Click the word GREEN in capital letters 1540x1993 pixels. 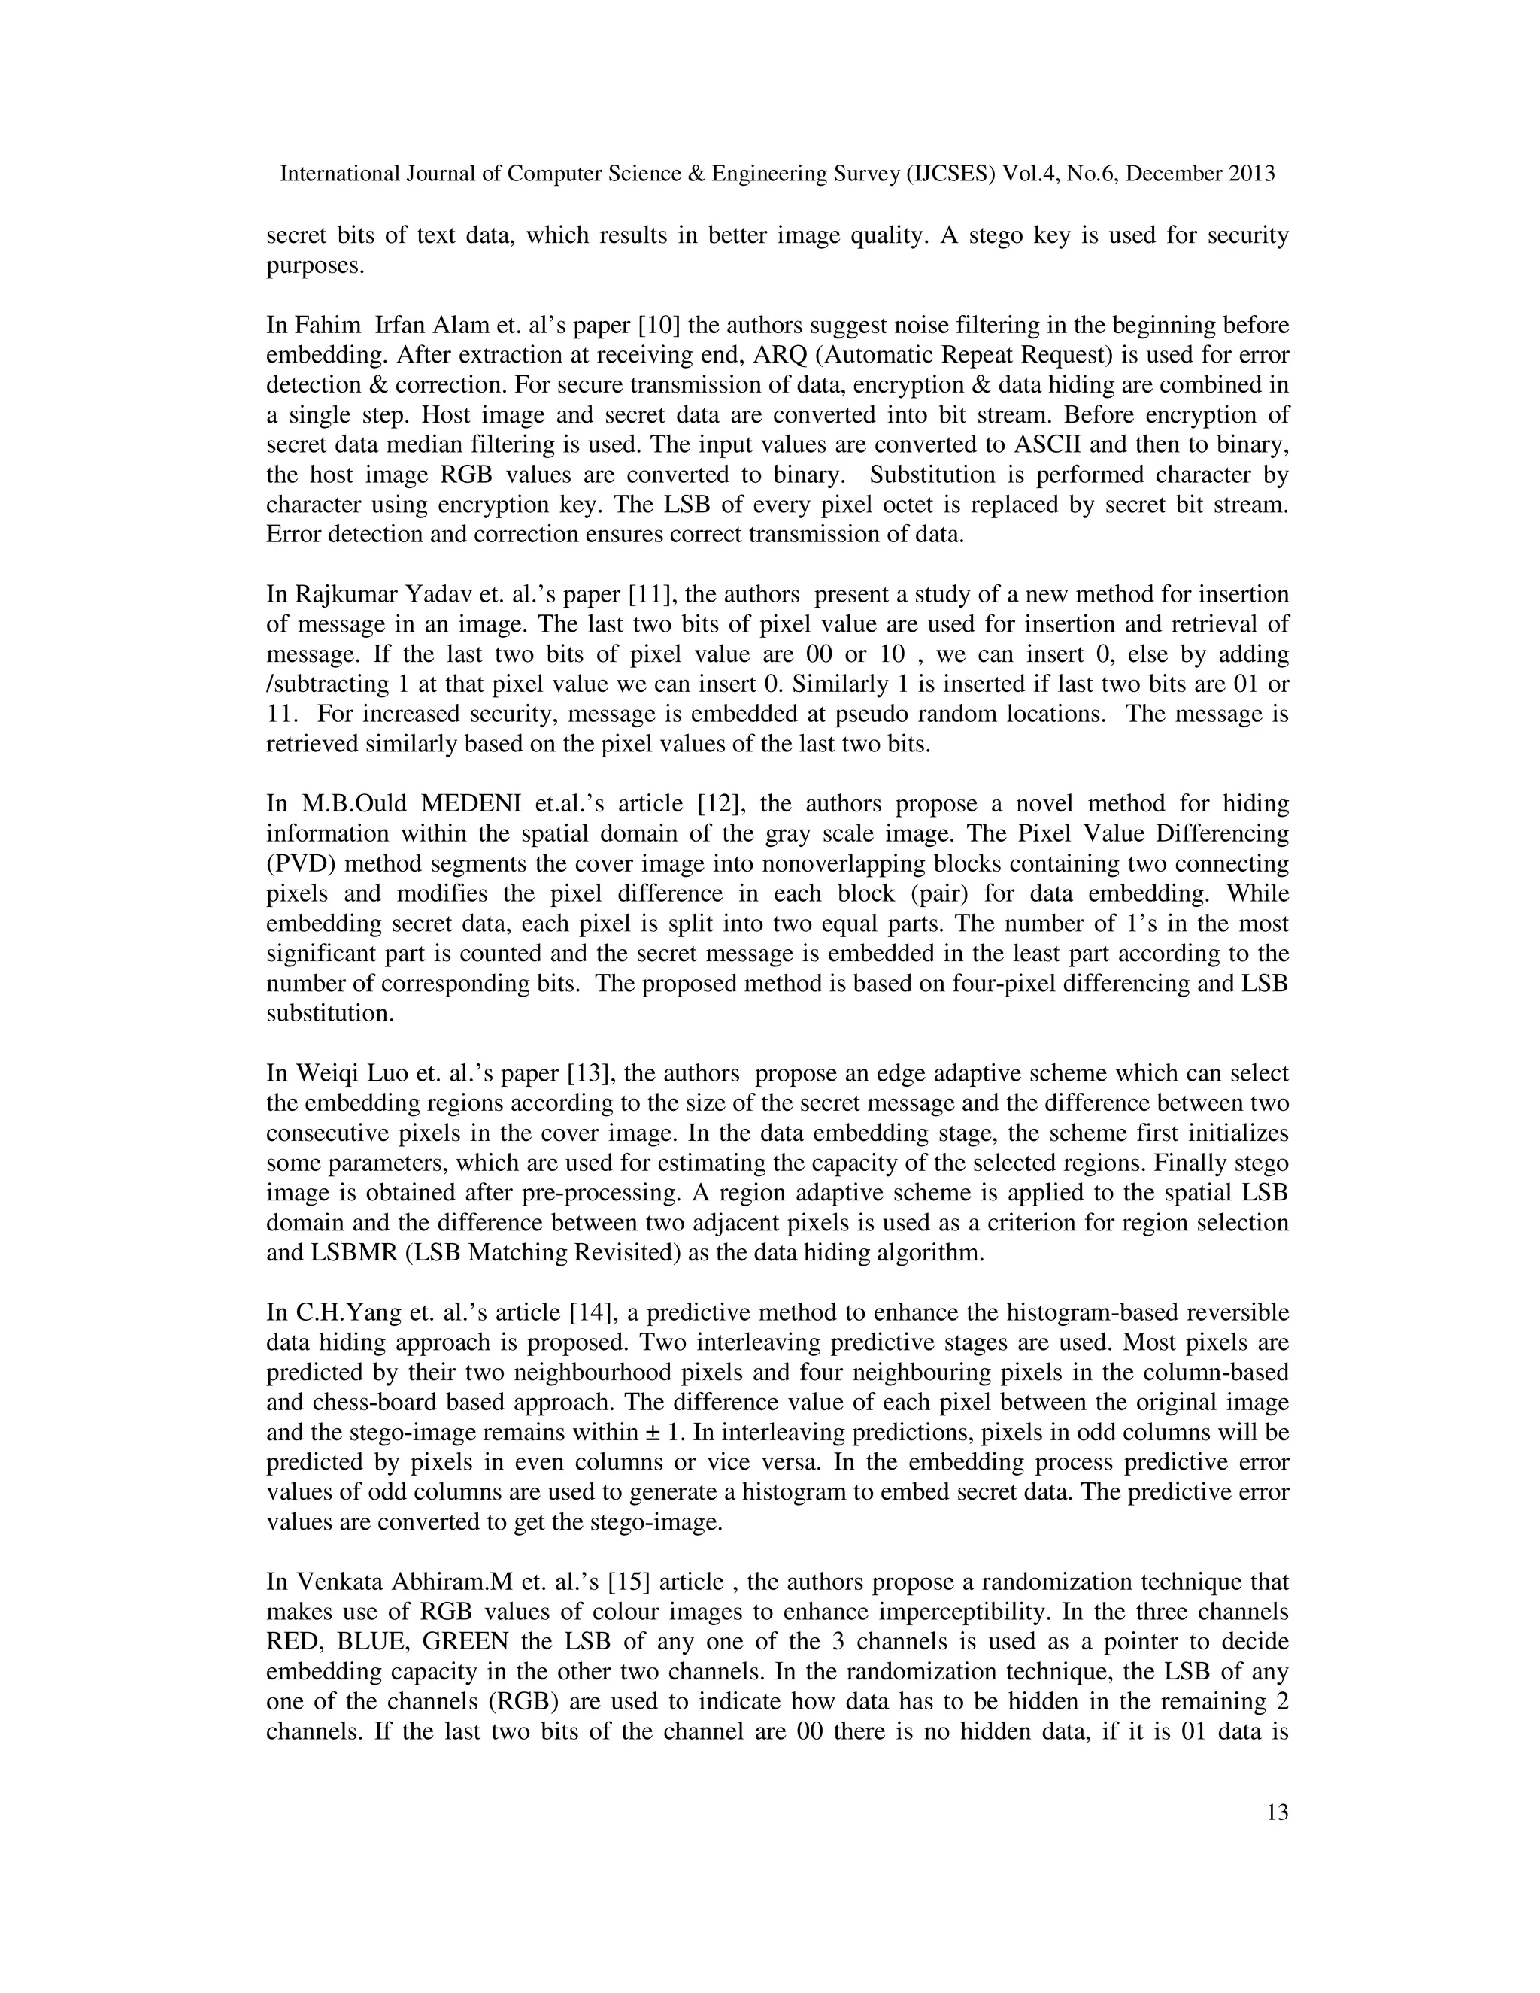click(x=465, y=1642)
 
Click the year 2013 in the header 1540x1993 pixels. click(x=1250, y=174)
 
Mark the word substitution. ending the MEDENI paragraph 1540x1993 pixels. click(x=329, y=1014)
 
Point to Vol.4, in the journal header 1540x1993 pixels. click(x=1030, y=174)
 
